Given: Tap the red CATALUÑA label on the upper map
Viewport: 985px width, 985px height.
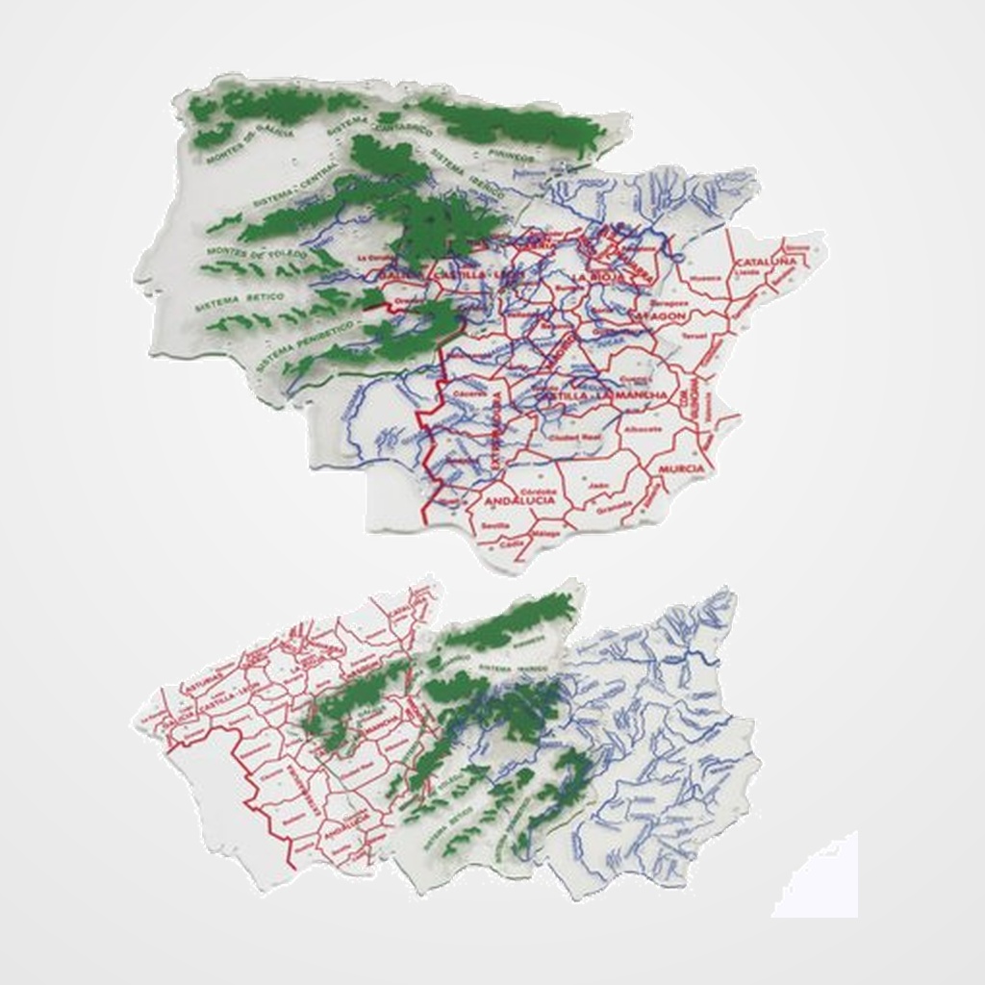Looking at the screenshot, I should pos(765,262).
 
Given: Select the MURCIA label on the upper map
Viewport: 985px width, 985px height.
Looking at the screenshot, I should pos(682,468).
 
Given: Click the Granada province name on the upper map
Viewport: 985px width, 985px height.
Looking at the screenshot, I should pos(613,510).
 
